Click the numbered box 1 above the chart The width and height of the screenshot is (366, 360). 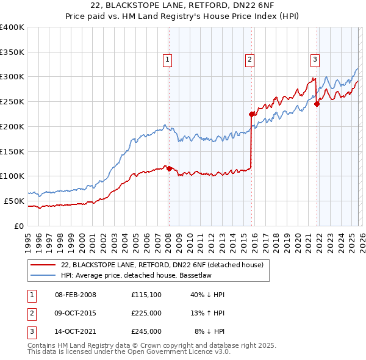point(167,59)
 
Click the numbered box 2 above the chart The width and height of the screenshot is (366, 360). point(249,59)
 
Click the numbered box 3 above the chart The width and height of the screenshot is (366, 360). point(315,59)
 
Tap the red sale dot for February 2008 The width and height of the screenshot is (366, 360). point(169,168)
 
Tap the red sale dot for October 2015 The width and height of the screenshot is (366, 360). point(251,113)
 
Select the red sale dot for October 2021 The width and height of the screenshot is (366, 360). point(317,104)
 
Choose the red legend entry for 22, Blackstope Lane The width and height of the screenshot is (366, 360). point(162,265)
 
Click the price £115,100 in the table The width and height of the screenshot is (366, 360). point(146,295)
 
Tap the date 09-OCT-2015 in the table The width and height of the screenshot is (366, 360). point(76,313)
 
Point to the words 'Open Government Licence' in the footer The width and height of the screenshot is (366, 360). point(174,351)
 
